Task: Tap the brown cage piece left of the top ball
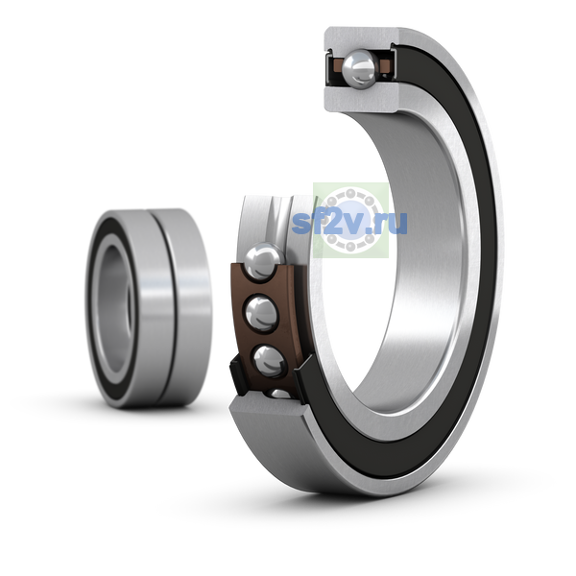336,68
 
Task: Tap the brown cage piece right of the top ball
385,66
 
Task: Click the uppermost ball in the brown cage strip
264,261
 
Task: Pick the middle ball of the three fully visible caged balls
261,314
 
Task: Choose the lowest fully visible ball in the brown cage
270,361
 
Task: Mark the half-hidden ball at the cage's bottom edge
278,394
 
